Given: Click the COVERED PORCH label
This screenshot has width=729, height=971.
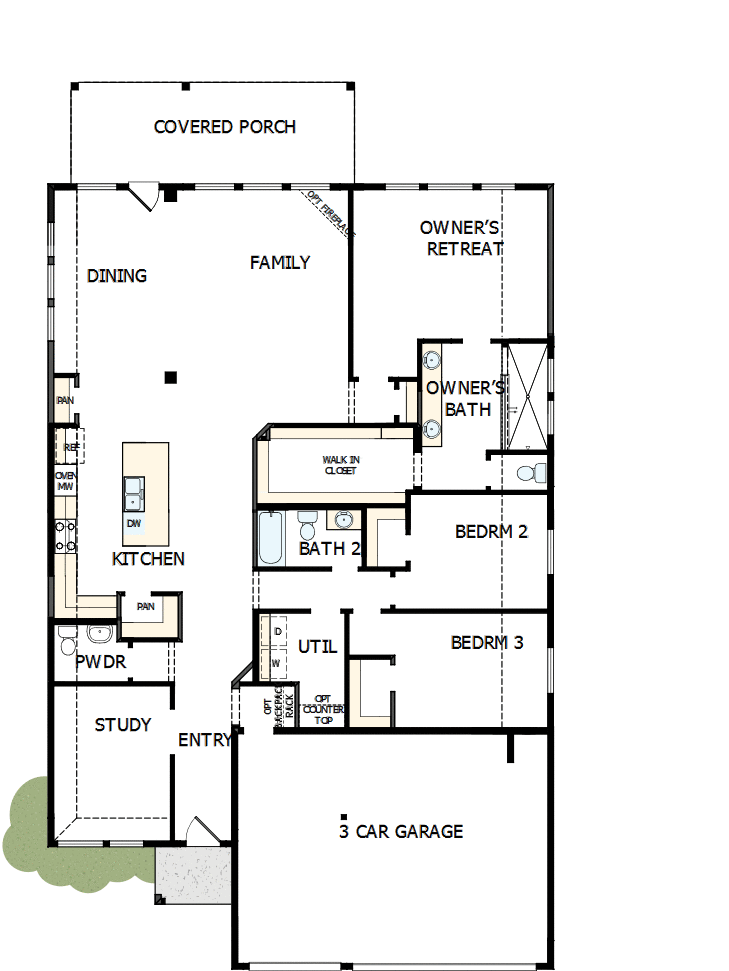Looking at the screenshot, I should point(225,127).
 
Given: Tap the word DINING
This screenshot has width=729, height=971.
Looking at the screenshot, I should point(117,276).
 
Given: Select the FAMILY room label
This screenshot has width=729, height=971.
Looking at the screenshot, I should point(280,263).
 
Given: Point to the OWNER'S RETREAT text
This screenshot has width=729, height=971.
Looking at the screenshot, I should point(461,239).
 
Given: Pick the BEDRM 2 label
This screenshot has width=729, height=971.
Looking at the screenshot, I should point(491,532).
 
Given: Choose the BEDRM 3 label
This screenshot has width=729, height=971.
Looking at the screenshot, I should point(487,643).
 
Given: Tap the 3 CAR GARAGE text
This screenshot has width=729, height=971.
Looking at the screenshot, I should point(400,831).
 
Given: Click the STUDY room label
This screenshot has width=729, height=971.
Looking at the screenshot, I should point(123,725).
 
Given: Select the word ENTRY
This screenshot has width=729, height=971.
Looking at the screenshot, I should point(205,741).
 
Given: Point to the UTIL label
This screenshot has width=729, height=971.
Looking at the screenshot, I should point(317,648).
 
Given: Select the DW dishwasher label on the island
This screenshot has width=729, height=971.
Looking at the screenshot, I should point(134,523).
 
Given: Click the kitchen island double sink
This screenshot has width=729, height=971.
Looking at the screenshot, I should point(133,492).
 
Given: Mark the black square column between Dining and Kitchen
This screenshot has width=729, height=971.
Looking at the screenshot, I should point(171,377).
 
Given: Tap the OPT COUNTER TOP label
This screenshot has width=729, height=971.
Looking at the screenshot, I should point(323,709).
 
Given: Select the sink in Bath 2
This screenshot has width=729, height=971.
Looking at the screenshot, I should point(343,519).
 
